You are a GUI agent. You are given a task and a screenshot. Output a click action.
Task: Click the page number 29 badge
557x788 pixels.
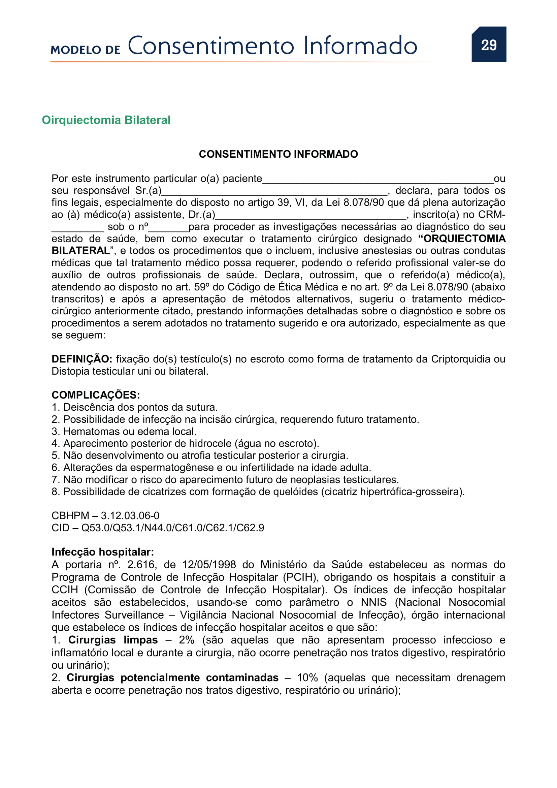tap(488, 45)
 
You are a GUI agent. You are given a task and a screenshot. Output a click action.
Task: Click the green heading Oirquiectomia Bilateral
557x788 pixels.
tap(106, 120)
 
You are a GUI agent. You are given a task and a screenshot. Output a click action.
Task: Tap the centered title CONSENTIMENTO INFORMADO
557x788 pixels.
tap(278, 154)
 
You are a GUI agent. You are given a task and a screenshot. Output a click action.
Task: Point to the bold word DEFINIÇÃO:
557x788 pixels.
tap(81, 359)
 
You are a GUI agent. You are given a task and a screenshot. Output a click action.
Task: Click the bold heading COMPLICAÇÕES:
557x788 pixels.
tap(96, 395)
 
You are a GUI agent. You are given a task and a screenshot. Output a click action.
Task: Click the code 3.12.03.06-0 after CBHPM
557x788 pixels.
tap(130, 516)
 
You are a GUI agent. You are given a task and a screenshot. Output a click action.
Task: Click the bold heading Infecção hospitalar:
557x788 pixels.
tap(103, 552)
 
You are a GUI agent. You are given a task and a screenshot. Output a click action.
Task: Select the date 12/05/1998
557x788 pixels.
tap(209, 565)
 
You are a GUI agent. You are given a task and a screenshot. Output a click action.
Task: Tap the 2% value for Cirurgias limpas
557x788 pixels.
tap(187, 640)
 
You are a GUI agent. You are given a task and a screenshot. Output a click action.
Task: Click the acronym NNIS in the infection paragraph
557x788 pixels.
tap(373, 602)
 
